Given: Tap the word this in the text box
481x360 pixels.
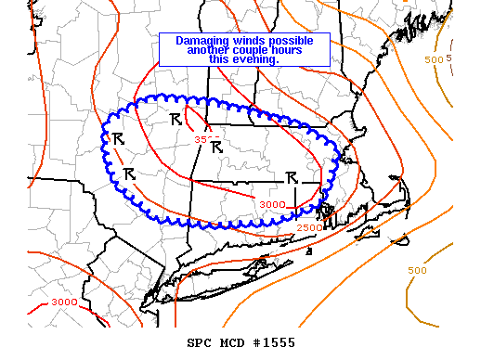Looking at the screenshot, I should tap(221, 59).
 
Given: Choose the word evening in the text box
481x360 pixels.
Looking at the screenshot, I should tap(258, 59).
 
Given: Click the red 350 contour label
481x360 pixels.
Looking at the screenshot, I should tap(202, 139).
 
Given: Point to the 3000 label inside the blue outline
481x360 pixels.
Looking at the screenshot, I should tap(272, 204).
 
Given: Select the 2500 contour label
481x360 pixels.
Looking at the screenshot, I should tap(309, 226).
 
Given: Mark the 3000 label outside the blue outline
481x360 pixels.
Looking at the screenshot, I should tap(64, 302).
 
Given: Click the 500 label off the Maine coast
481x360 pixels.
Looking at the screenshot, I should tap(434, 59).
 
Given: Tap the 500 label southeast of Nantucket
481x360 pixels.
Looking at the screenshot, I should tap(419, 270).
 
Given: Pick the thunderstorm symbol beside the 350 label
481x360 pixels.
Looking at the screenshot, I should tap(217, 147).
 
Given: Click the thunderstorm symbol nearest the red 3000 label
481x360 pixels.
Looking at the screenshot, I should tap(291, 176).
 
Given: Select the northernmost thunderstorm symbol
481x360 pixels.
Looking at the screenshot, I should tap(175, 119).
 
